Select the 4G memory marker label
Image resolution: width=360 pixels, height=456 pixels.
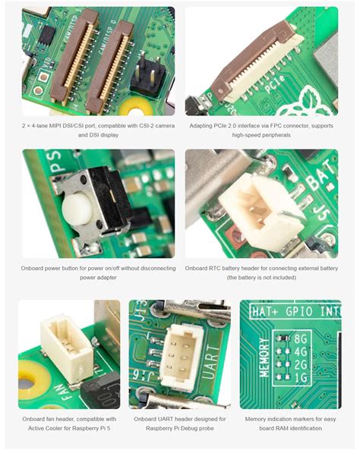301,351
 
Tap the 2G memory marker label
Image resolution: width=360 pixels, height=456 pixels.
301,364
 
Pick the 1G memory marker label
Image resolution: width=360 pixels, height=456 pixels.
301,377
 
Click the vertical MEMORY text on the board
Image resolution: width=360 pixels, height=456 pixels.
264,357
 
